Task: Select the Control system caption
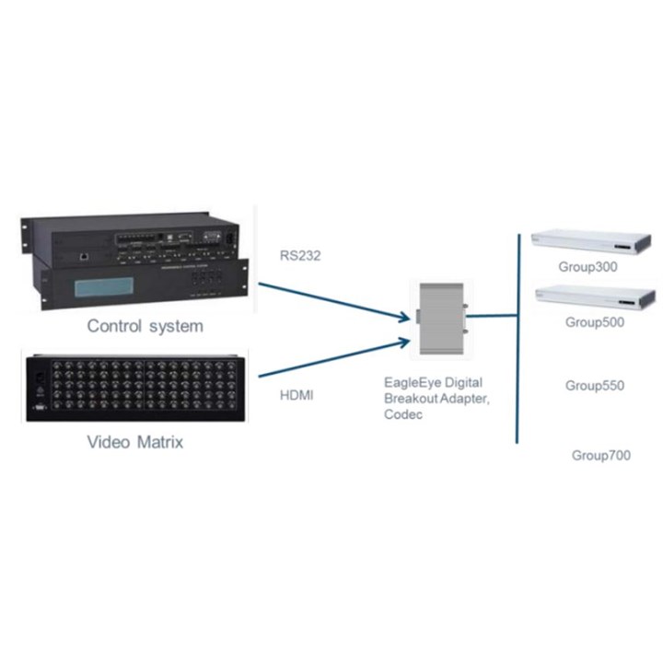click(x=145, y=326)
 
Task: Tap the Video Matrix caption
click(x=135, y=442)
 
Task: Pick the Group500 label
click(x=594, y=322)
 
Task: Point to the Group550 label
click(x=594, y=385)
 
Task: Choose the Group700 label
click(x=601, y=455)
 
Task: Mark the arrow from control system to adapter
click(x=331, y=302)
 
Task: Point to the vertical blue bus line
click(x=518, y=341)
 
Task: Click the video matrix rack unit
click(x=134, y=388)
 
